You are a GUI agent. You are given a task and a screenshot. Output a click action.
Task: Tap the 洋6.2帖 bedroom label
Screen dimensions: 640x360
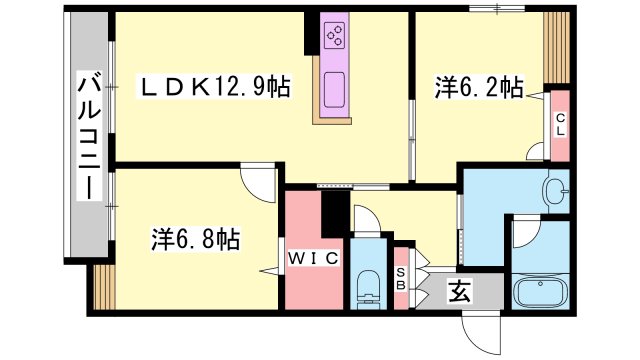(478, 87)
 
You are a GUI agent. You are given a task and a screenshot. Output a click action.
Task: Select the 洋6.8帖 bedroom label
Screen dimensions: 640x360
(196, 239)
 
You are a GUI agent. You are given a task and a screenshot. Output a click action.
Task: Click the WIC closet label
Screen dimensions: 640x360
(313, 258)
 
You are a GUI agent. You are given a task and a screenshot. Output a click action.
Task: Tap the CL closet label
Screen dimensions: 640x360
(560, 125)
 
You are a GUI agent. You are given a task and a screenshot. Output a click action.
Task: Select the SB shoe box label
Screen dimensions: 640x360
(401, 278)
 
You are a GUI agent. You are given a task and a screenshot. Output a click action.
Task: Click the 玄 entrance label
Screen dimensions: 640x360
(461, 291)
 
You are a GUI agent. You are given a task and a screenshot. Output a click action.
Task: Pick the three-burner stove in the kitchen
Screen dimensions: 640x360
(334, 36)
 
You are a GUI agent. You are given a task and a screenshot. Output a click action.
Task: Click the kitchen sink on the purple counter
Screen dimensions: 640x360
(334, 90)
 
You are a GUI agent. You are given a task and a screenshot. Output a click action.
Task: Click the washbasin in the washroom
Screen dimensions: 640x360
(557, 191)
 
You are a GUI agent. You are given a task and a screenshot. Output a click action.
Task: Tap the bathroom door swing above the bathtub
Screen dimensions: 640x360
(527, 233)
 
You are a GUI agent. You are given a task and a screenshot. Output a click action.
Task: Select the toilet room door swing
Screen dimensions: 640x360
(367, 220)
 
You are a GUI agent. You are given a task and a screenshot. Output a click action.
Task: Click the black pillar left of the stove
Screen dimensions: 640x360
(312, 33)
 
